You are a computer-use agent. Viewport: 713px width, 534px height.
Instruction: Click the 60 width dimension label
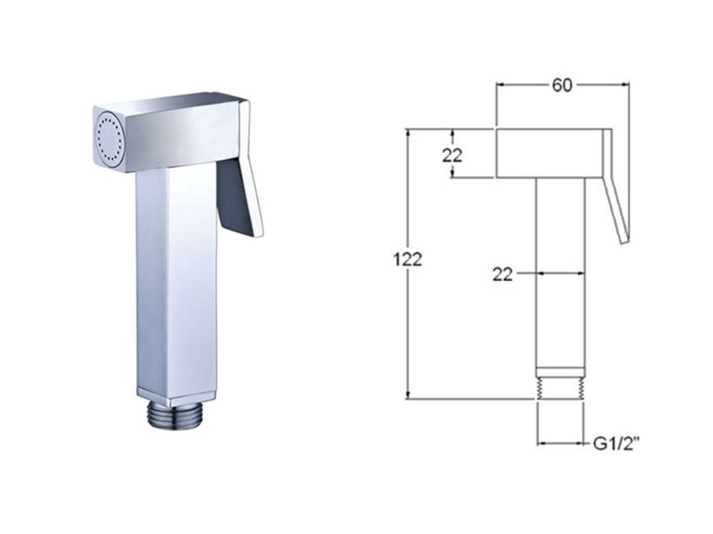[x=562, y=85]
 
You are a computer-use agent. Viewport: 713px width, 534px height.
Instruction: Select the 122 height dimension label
[x=407, y=259]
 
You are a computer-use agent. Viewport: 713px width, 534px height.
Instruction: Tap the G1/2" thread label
[x=614, y=444]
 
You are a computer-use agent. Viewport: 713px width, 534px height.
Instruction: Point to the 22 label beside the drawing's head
[x=452, y=155]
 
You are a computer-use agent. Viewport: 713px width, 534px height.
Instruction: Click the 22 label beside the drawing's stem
[x=503, y=274]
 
